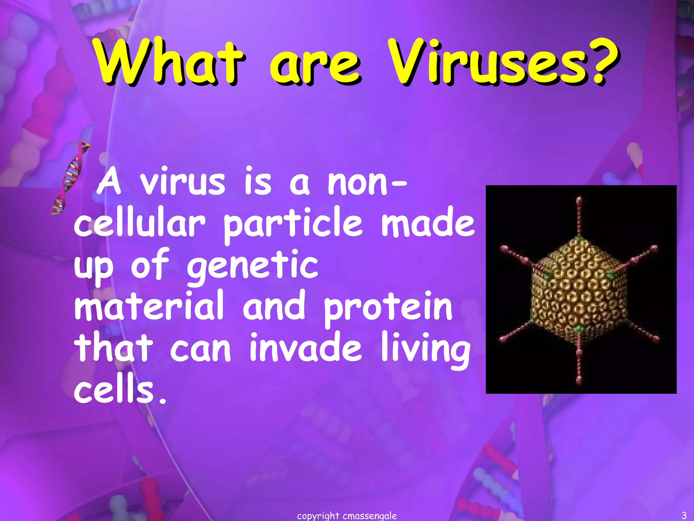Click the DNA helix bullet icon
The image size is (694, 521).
click(x=70, y=179)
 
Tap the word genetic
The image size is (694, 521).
click(x=252, y=266)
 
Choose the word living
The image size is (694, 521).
click(x=426, y=349)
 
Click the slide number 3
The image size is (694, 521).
click(x=684, y=516)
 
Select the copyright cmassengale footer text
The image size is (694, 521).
click(x=347, y=516)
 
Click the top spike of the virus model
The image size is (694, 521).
click(x=579, y=214)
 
